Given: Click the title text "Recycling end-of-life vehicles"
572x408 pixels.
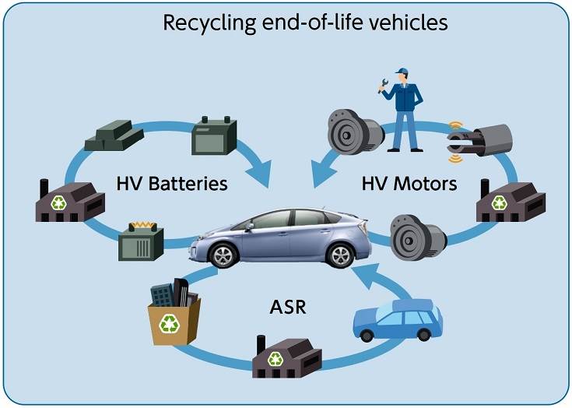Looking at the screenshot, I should point(304,21).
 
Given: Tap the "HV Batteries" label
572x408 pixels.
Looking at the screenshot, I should point(171,185).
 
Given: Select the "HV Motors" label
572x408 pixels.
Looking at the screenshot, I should point(409,185).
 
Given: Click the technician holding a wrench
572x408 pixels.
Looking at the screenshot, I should point(402,109).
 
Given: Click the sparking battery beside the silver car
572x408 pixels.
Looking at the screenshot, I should point(141,243).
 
